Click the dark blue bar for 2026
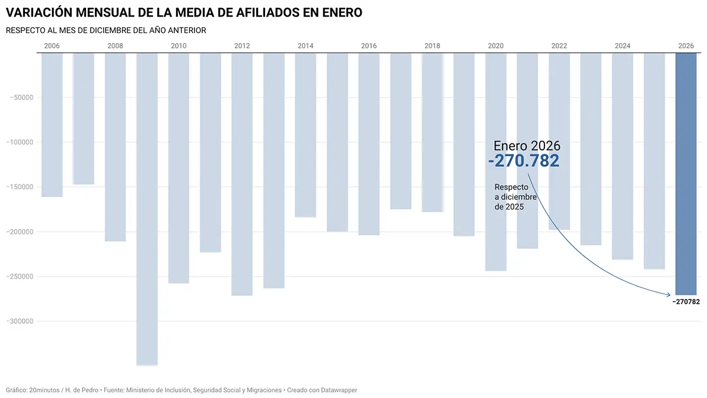pos(686,174)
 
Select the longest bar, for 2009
pos(147,209)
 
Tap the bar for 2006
pos(52,124)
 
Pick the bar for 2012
pos(242,174)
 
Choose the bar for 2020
pos(496,162)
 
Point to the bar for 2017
pos(401,131)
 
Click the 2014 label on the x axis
pos(305,46)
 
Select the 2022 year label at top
pos(559,46)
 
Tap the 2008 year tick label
pos(115,46)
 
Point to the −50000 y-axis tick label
pos(21,97)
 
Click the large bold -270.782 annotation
pos(523,161)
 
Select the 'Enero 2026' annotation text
pos(527,146)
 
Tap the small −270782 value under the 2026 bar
pos(686,302)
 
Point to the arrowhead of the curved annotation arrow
pos(670,294)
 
